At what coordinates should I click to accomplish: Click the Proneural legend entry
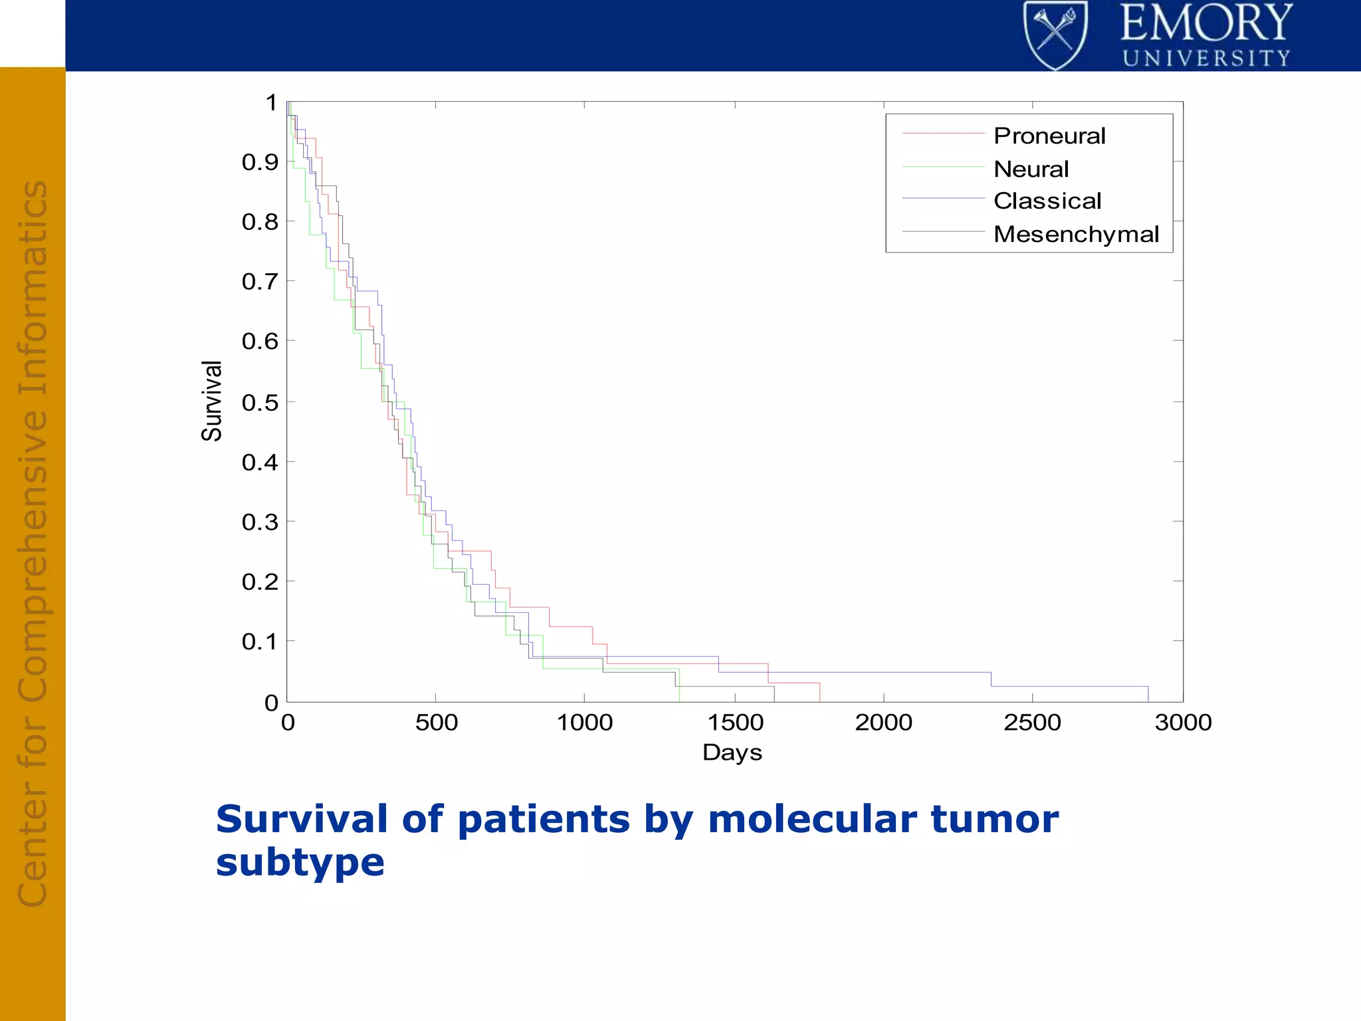[1049, 136]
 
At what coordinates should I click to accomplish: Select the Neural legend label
[1031, 169]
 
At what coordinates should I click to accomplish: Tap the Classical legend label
[1047, 201]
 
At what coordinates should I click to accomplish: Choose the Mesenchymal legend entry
[1075, 234]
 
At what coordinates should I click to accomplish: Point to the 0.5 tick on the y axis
[260, 402]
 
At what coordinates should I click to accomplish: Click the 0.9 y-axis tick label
[260, 162]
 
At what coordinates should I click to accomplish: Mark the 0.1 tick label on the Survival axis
[260, 641]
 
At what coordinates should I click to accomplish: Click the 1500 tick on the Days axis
[735, 723]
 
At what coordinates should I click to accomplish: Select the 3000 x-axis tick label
[1183, 723]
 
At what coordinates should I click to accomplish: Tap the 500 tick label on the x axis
[436, 723]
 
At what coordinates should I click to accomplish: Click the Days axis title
[732, 752]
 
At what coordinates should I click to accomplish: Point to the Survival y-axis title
[211, 401]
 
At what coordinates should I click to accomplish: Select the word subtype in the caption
[300, 863]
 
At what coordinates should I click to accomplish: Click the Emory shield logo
[1055, 35]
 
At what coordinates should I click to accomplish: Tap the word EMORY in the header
[1206, 23]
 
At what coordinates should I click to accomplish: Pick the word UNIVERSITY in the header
[1206, 58]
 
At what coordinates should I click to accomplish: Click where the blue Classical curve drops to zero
[1148, 701]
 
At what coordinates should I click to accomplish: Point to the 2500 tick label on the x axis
[1032, 723]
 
